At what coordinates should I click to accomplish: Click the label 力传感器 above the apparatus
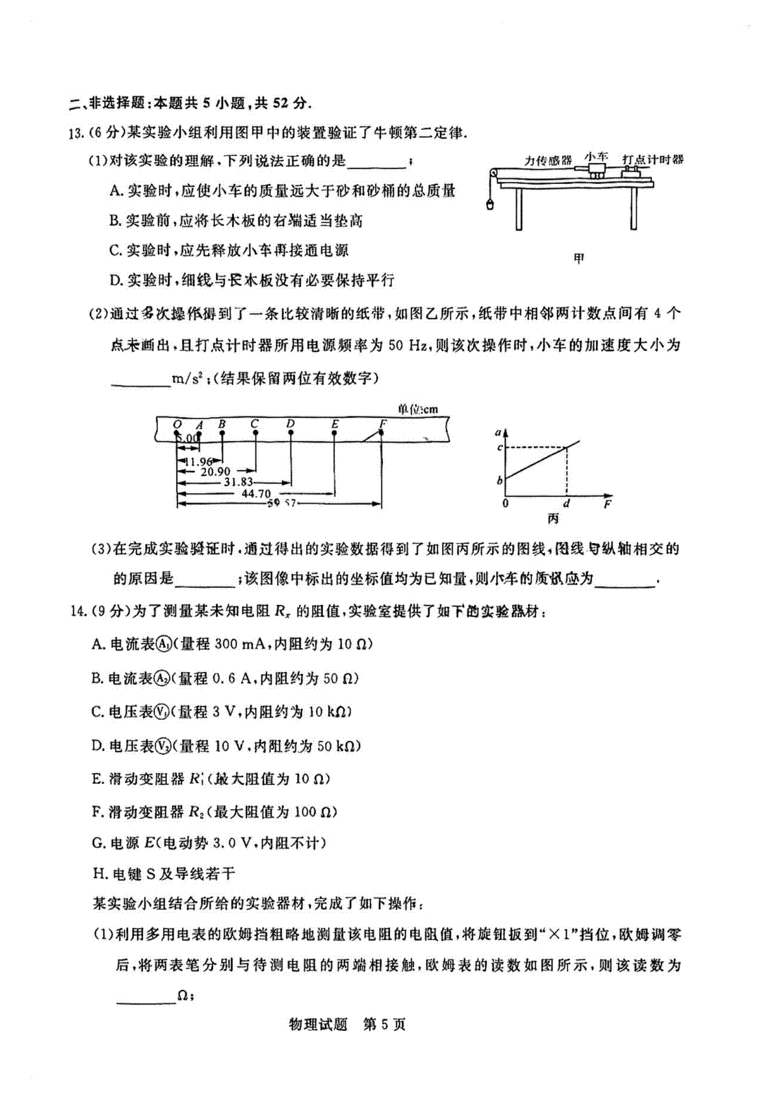pyautogui.click(x=549, y=161)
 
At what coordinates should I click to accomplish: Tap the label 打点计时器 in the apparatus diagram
pyautogui.click(x=653, y=159)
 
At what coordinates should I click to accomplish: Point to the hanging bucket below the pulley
pyautogui.click(x=489, y=205)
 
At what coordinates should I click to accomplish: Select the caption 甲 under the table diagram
pyautogui.click(x=579, y=259)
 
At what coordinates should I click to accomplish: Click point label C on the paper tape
pyautogui.click(x=255, y=424)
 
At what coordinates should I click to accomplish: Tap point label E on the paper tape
pyautogui.click(x=335, y=424)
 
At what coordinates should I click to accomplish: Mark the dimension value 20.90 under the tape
pyautogui.click(x=215, y=472)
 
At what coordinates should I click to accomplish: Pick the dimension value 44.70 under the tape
pyautogui.click(x=256, y=493)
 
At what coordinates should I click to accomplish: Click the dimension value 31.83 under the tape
pyautogui.click(x=238, y=482)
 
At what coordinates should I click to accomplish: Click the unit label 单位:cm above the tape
pyautogui.click(x=418, y=409)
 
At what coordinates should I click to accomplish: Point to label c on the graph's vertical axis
pyautogui.click(x=500, y=447)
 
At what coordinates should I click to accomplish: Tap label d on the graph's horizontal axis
pyautogui.click(x=567, y=504)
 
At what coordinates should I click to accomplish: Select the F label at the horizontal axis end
pyautogui.click(x=607, y=504)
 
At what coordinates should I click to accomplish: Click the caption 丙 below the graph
pyautogui.click(x=553, y=519)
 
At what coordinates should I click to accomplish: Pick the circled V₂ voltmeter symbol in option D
pyautogui.click(x=164, y=746)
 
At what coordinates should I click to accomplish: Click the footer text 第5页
pyautogui.click(x=384, y=1024)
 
